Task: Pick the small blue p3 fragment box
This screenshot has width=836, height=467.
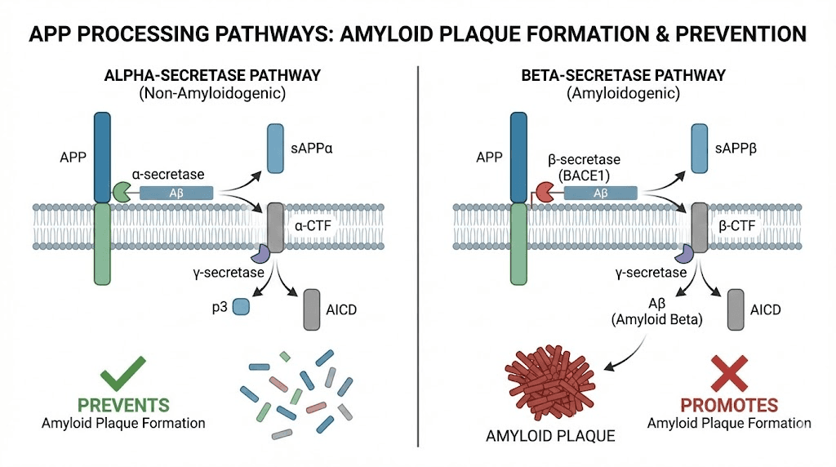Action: tap(241, 306)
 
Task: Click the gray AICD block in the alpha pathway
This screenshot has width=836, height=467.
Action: tap(312, 309)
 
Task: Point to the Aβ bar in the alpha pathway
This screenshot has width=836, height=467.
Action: tap(176, 193)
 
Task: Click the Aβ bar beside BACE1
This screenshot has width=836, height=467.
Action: tap(600, 193)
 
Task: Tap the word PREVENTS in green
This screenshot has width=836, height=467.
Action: tap(124, 405)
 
